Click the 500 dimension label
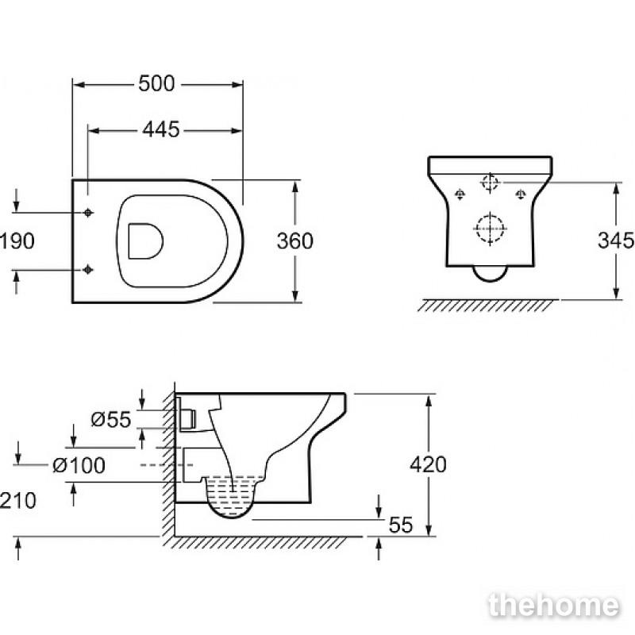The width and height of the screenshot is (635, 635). (156, 84)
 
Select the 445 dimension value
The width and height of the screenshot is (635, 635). (161, 129)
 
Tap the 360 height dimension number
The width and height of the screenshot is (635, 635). (294, 241)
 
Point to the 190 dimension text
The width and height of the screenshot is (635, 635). (17, 241)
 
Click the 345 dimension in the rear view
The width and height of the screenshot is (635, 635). (616, 241)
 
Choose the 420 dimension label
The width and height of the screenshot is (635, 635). (428, 464)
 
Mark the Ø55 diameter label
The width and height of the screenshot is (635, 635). (111, 419)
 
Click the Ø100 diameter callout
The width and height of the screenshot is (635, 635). (79, 465)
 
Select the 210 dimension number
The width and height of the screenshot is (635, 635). (17, 501)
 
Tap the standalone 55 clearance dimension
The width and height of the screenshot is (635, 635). (401, 525)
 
